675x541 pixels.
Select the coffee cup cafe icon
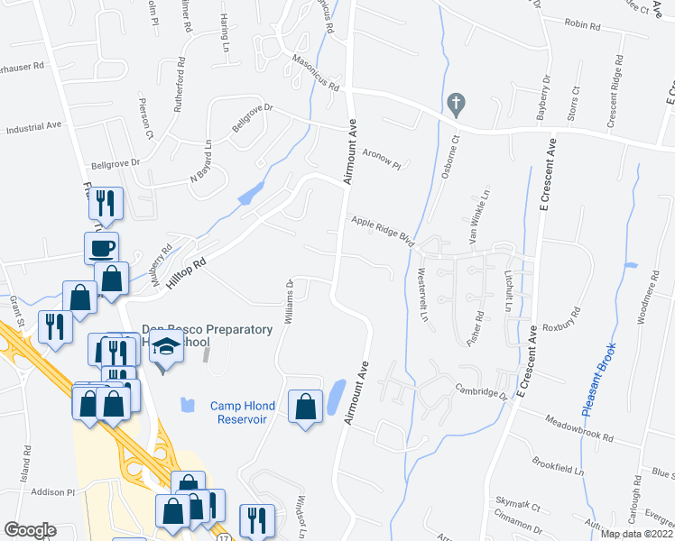(x=102, y=247)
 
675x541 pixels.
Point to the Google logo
(x=29, y=530)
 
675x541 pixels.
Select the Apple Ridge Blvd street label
(x=382, y=230)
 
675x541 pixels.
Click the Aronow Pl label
(x=381, y=160)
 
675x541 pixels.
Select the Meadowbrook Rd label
(x=579, y=429)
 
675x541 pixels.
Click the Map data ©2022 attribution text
(x=637, y=534)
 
